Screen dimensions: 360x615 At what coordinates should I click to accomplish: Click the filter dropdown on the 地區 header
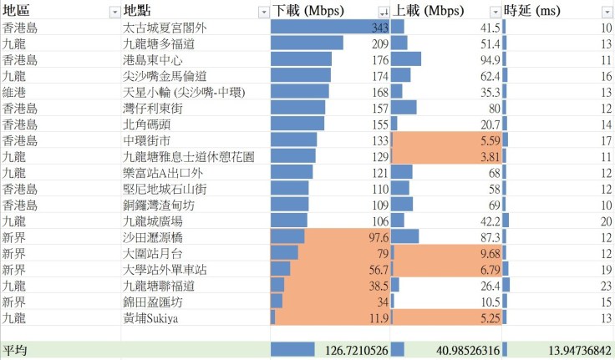(x=114, y=12)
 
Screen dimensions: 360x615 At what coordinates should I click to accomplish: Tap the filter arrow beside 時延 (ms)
(x=607, y=12)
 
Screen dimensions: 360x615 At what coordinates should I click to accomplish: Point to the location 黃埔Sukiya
(x=151, y=317)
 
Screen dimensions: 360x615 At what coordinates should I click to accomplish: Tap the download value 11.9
(x=379, y=317)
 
